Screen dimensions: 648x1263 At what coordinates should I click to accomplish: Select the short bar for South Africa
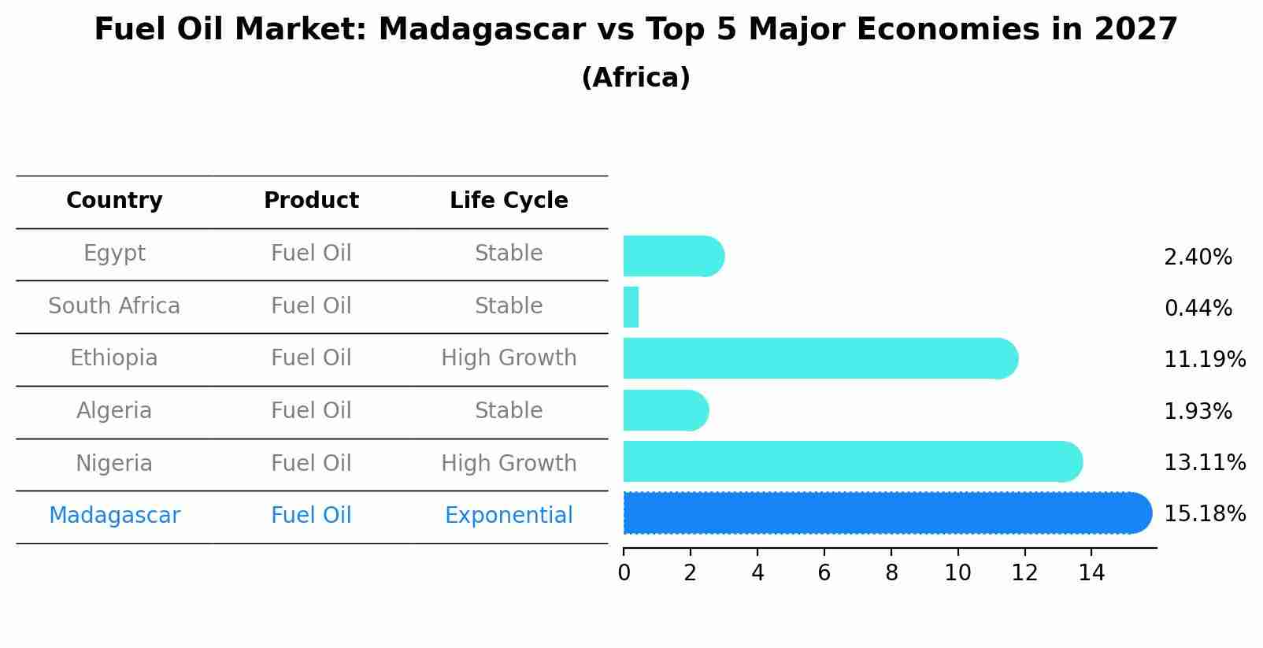631,307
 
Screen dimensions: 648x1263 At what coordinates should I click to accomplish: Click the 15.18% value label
1204,514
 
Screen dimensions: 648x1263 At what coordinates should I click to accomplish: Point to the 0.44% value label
1198,309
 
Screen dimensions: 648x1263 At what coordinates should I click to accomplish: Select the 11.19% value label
1204,360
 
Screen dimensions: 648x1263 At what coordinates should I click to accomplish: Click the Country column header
114,201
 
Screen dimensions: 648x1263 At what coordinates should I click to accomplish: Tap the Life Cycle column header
509,201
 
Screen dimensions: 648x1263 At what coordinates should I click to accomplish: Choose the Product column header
311,201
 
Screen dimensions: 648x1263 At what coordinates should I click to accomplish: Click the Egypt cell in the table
114,254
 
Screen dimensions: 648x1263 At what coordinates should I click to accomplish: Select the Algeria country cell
114,411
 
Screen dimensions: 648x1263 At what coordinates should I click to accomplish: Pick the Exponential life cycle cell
509,516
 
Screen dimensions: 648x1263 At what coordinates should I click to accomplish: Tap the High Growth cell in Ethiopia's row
509,358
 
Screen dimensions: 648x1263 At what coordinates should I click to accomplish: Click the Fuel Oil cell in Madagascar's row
311,516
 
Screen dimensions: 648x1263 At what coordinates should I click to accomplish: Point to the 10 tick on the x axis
957,573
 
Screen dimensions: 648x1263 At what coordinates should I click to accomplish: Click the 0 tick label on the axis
624,573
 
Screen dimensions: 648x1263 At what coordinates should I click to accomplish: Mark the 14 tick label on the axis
1091,573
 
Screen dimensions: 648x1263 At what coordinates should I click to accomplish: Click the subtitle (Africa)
635,78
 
